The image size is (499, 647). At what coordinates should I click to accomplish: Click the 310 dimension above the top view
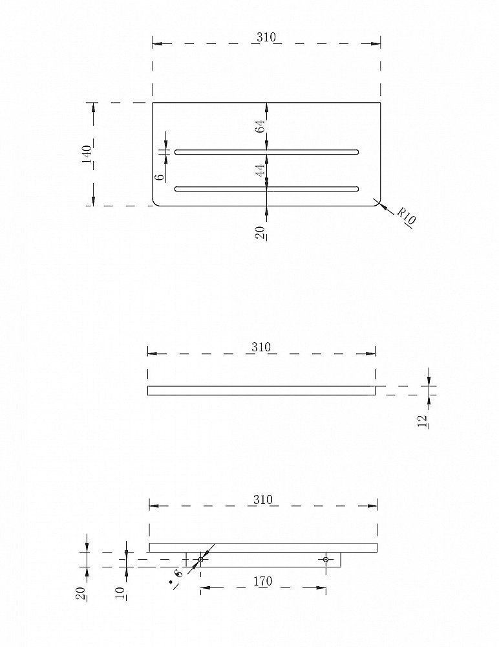click(x=266, y=37)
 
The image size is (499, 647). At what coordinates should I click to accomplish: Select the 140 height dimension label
click(x=87, y=154)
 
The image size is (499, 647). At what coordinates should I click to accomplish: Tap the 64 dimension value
click(x=260, y=126)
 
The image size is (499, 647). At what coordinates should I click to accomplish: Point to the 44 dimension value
click(x=260, y=170)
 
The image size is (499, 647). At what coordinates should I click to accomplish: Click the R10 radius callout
click(x=406, y=216)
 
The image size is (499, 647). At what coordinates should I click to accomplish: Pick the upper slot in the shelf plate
click(x=266, y=152)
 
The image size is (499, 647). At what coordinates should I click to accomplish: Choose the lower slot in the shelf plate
click(x=266, y=189)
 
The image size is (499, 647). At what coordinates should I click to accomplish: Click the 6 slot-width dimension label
click(x=160, y=177)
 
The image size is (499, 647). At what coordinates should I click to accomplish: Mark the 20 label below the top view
click(x=260, y=233)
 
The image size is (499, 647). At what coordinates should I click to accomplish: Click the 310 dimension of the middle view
click(x=261, y=347)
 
